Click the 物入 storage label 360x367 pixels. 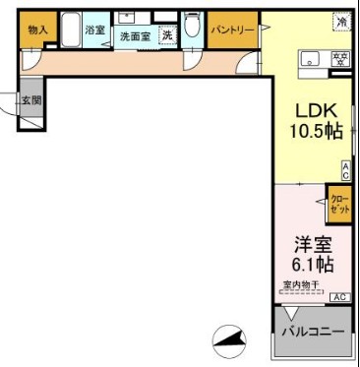36,31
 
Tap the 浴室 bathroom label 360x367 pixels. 95,31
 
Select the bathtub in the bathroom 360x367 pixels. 71,31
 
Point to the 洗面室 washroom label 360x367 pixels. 134,36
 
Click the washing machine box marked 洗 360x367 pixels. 167,36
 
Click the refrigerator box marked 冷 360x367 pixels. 341,22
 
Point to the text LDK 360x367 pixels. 314,110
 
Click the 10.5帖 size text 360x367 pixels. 314,131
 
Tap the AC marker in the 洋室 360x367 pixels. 339,296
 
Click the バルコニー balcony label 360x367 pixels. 314,332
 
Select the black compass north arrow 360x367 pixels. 229,340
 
